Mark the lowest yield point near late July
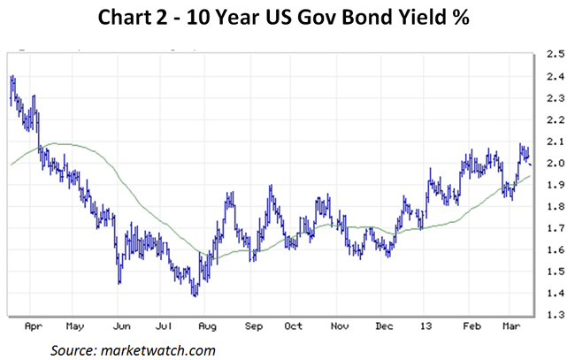pos(195,295)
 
